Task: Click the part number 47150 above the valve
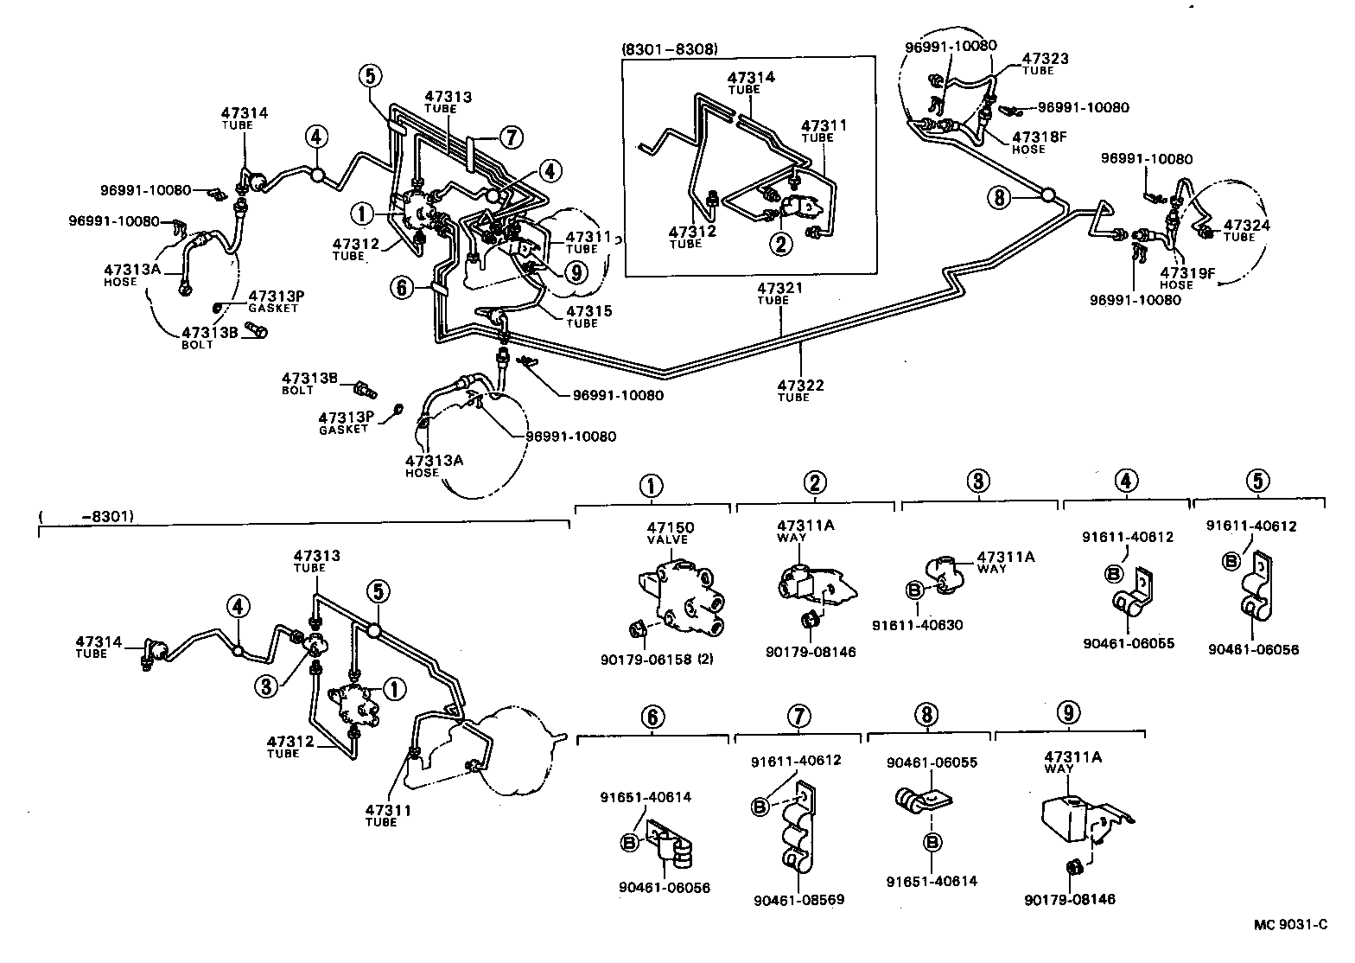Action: pyautogui.click(x=671, y=527)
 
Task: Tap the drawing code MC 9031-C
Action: pyautogui.click(x=1290, y=925)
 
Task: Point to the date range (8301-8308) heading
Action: pyautogui.click(x=669, y=48)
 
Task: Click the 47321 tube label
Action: pyautogui.click(x=773, y=289)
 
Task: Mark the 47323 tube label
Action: pyautogui.click(x=1045, y=60)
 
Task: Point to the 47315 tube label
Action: pyautogui.click(x=582, y=311)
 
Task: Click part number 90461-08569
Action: pyautogui.click(x=798, y=900)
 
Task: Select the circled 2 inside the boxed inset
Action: pyautogui.click(x=781, y=245)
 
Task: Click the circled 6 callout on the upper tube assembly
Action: pyautogui.click(x=402, y=287)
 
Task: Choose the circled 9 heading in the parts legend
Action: pyautogui.click(x=1069, y=713)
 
